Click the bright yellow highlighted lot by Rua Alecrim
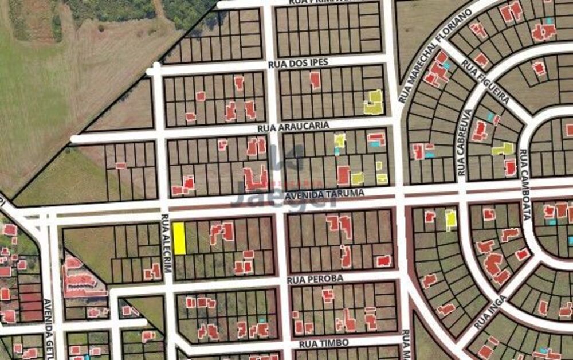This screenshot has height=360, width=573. [179, 238]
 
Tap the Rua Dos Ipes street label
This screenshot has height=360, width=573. [298, 63]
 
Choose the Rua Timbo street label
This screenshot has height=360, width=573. [320, 343]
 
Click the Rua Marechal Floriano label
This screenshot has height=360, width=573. [435, 54]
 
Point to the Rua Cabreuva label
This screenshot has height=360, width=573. [464, 143]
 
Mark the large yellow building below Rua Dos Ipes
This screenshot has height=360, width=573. [374, 102]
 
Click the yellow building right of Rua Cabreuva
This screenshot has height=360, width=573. [503, 149]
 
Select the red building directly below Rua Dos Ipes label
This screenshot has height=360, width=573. [315, 80]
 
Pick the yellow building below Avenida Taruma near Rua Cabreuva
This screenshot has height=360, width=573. [451, 218]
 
